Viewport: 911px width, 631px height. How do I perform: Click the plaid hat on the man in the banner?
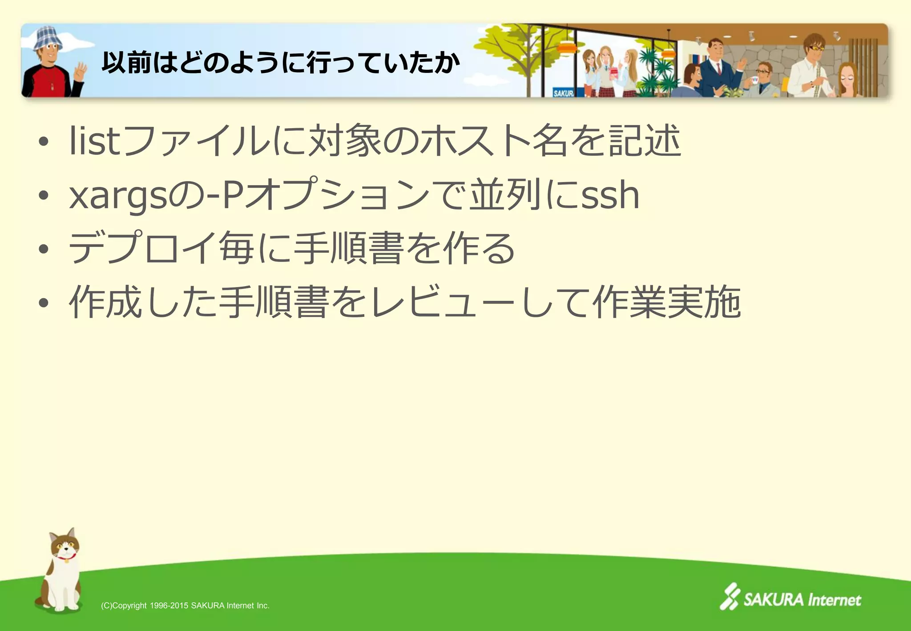tap(48, 37)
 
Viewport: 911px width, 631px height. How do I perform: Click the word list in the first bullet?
tap(95, 141)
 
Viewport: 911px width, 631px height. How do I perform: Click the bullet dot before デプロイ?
tap(43, 249)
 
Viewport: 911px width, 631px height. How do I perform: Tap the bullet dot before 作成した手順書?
tap(43, 303)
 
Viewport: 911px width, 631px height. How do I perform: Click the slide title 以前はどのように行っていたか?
tap(281, 62)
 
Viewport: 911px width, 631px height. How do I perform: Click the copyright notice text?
tap(185, 606)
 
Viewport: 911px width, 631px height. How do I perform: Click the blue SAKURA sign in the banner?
tap(563, 93)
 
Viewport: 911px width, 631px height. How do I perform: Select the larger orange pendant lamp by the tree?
tap(566, 47)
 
